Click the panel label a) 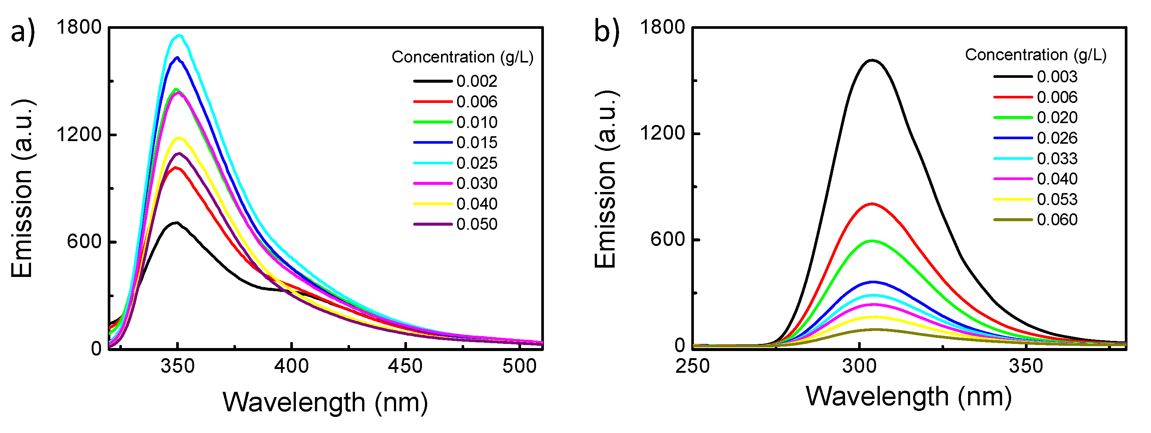22,32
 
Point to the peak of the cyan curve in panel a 180,35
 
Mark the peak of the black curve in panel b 872,60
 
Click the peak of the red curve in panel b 872,204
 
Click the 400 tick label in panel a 291,367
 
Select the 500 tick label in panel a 519,367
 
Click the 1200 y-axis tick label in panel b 662,133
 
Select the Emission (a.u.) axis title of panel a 22,187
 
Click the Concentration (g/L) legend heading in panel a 462,57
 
